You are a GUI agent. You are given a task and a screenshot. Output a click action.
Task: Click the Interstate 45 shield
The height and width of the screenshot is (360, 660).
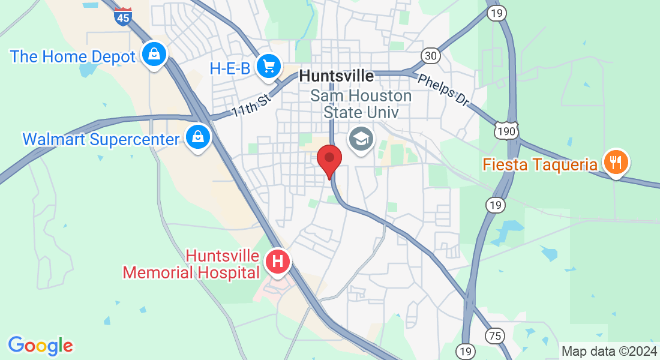click(x=122, y=17)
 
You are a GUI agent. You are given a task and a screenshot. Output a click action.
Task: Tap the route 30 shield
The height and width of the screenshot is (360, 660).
click(x=430, y=56)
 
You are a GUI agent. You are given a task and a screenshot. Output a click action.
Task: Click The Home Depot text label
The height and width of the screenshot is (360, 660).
click(x=73, y=57)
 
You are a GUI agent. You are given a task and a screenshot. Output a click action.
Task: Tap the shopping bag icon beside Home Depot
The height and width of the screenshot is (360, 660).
click(x=154, y=55)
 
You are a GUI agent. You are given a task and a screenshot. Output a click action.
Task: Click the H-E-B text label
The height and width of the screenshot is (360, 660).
click(x=230, y=68)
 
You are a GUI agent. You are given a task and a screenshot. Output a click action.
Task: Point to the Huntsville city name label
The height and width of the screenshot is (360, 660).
click(x=336, y=76)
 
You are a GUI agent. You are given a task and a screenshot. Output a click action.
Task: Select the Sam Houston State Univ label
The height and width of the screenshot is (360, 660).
click(x=361, y=104)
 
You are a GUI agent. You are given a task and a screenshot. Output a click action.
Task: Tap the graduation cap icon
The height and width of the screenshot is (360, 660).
click(x=361, y=140)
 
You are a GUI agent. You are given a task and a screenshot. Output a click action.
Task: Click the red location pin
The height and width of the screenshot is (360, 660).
click(x=329, y=160)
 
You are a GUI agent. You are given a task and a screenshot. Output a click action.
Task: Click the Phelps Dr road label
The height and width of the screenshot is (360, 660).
click(x=443, y=90)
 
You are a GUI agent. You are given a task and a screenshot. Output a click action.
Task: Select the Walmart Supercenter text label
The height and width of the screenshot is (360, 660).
click(x=101, y=139)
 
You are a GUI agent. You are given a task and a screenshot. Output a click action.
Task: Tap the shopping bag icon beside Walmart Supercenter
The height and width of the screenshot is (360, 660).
click(x=197, y=137)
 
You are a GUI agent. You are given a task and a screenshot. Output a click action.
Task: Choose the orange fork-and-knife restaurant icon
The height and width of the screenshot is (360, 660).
click(x=616, y=161)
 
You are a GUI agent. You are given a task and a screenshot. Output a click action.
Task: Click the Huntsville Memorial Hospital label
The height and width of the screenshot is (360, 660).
click(x=191, y=265)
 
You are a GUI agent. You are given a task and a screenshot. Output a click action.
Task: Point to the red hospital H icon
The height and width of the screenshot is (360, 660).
click(x=278, y=262)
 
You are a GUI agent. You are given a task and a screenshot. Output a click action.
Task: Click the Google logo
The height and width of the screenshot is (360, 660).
click(x=40, y=346)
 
